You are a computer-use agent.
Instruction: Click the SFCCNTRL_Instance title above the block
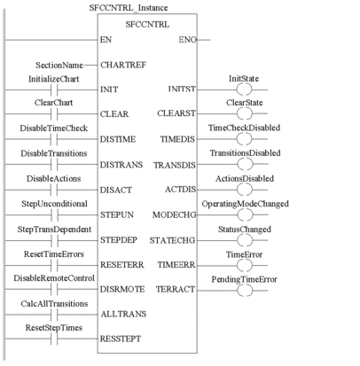(129, 8)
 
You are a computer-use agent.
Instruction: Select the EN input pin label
(106, 40)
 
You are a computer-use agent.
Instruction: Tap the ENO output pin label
(187, 40)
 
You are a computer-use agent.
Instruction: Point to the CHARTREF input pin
(123, 65)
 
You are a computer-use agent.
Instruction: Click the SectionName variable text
(59, 65)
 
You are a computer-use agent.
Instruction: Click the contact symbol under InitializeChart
(54, 90)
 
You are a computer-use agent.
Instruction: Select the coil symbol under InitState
(245, 90)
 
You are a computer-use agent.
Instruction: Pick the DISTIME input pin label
(118, 139)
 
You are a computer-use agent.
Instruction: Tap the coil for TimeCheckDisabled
(245, 139)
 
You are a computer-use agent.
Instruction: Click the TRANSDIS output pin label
(175, 165)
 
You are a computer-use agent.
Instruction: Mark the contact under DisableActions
(54, 190)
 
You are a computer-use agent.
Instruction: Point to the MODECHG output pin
(174, 215)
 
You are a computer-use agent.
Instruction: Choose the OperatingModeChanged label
(245, 204)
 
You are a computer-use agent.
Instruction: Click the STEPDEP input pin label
(119, 240)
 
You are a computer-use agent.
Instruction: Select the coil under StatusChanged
(245, 240)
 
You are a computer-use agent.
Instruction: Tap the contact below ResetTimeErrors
(54, 265)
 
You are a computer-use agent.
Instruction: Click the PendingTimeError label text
(244, 279)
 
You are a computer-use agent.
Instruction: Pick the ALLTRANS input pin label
(123, 314)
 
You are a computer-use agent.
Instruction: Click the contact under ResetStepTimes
(54, 339)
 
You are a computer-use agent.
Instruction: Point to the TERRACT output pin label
(176, 289)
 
